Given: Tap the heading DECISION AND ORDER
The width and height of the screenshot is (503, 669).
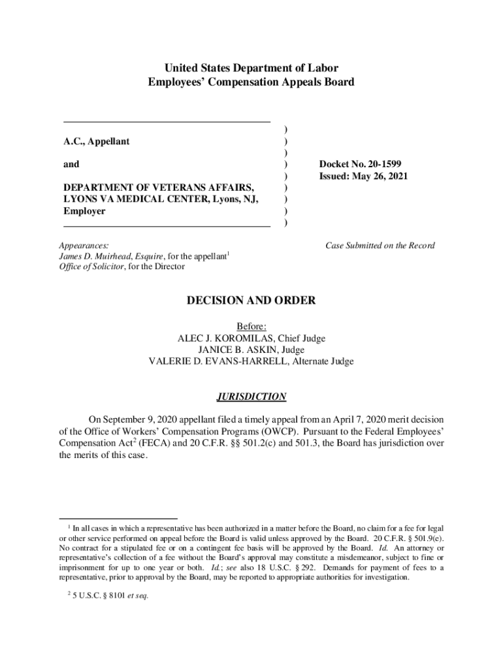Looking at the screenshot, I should (252, 301).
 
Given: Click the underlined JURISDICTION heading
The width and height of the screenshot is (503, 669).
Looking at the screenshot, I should (252, 397).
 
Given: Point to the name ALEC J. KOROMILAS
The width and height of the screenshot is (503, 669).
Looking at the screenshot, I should (226, 338).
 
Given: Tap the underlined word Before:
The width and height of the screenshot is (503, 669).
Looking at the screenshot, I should (252, 327).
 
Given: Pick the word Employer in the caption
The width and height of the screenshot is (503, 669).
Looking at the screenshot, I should (84, 212).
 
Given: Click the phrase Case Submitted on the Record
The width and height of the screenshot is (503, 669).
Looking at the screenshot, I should (380, 246).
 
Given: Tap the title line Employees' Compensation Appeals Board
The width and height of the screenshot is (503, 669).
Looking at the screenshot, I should (252, 82).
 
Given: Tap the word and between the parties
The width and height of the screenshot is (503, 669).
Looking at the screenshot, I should (71, 165).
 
